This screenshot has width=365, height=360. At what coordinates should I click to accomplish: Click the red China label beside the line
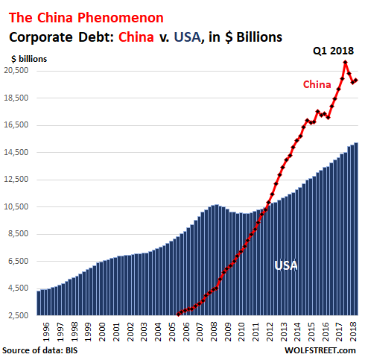click(317, 84)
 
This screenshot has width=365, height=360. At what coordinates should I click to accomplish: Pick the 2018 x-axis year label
click(354, 331)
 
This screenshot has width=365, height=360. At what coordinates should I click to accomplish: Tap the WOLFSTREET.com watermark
click(323, 350)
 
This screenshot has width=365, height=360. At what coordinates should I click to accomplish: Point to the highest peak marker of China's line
click(345, 62)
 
